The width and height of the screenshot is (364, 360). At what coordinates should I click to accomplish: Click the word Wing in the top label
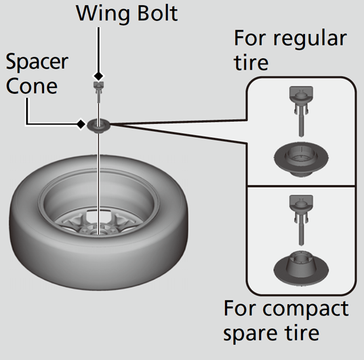point(103,14)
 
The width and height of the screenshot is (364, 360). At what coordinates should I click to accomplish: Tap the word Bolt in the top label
point(157,13)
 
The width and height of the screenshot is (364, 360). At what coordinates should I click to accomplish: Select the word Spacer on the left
point(37,62)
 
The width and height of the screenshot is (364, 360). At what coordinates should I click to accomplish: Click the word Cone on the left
point(31,87)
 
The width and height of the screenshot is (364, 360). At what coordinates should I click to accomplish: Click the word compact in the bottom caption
point(306,310)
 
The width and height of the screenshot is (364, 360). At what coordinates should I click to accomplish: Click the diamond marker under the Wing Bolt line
point(98,76)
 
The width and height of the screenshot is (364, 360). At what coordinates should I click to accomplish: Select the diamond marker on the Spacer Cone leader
point(81,124)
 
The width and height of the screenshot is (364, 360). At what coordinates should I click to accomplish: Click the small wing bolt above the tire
point(98,91)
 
